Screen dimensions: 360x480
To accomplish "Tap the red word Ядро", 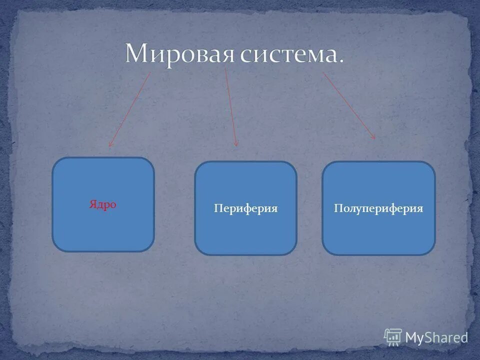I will click(103, 204).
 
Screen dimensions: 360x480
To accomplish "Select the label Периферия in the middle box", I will click(245, 208).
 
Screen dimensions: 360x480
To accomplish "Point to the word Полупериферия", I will click(378, 208).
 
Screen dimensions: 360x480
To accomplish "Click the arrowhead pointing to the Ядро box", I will click(110, 145).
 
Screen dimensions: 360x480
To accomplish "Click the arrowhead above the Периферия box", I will click(236, 144).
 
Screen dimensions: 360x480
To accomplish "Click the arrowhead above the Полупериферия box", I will click(373, 137).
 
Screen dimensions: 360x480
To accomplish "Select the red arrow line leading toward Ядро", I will click(130, 108).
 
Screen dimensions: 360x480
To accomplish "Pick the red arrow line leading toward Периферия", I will click(231, 107).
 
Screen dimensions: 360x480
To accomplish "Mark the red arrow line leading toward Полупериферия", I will click(348, 105).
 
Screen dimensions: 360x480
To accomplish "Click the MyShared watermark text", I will click(436, 337).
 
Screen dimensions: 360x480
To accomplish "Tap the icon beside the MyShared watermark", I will click(393, 337).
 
